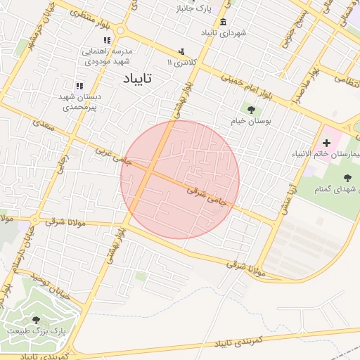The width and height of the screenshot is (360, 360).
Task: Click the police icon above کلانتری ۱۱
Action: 181,51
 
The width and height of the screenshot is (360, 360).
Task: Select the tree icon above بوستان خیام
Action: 251,109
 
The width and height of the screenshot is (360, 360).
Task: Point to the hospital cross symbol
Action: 326,143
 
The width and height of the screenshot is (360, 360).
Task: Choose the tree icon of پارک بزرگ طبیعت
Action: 36,320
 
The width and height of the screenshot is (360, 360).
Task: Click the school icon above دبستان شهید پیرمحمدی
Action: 79,86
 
